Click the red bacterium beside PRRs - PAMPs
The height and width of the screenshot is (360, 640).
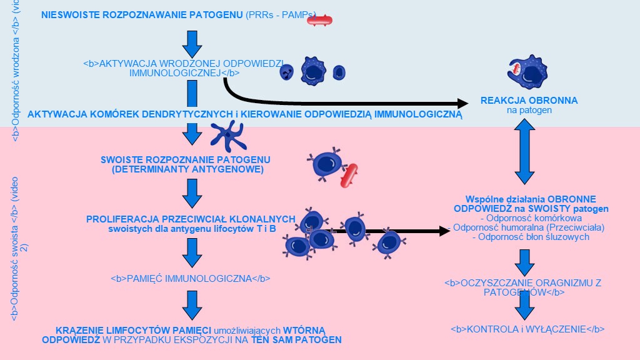tap(319, 20)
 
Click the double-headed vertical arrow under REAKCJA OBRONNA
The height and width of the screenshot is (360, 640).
tap(523, 152)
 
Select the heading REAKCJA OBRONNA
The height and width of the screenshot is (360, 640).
tap(529, 101)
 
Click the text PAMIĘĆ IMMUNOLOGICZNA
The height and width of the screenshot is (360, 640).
tap(190, 279)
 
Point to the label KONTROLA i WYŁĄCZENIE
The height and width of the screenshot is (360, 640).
tap(527, 329)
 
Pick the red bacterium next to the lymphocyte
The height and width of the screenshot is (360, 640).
tap(349, 176)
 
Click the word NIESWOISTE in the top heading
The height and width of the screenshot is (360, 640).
tap(67, 14)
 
